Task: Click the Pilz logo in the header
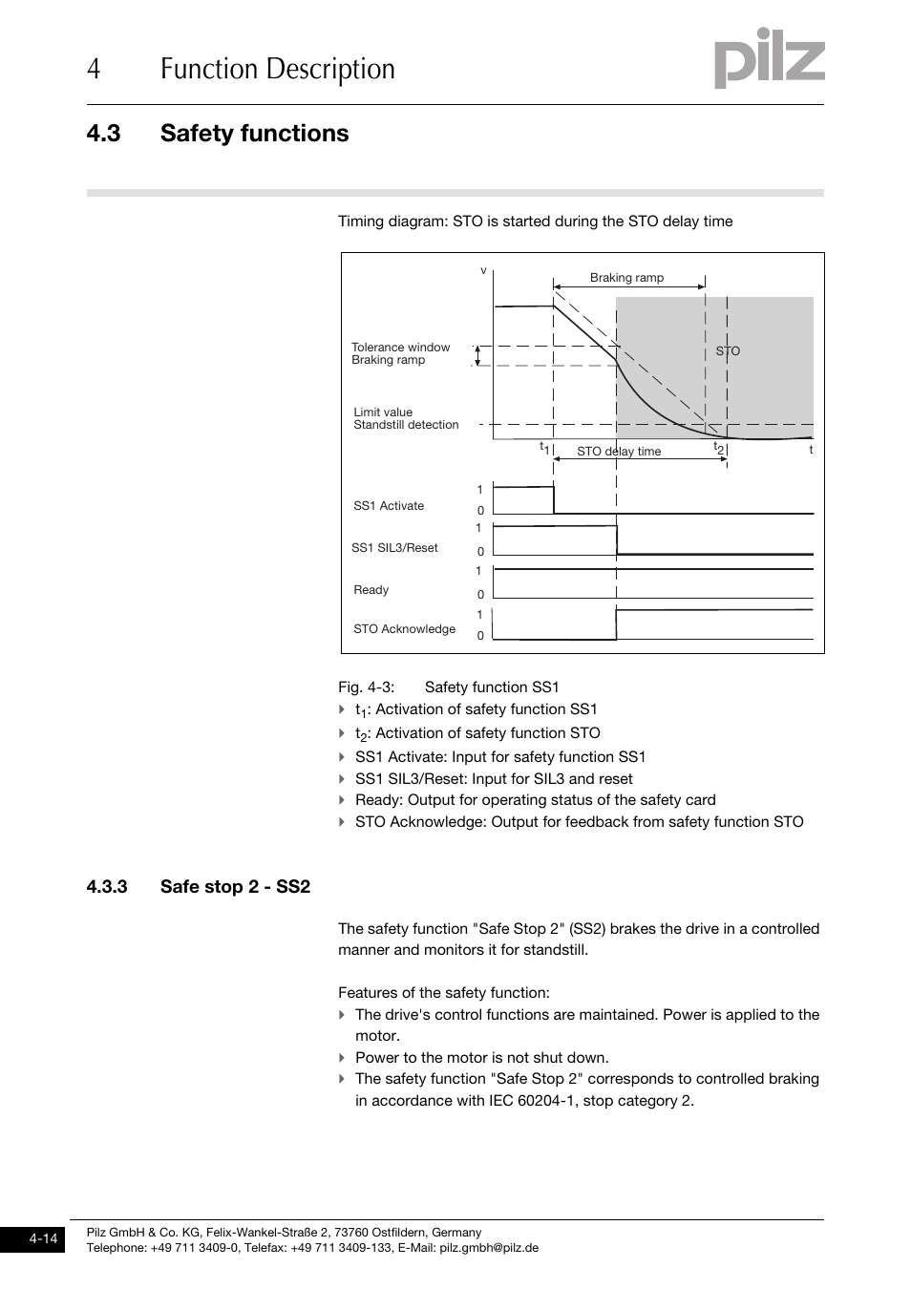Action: [769, 59]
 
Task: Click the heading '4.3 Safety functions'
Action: [218, 134]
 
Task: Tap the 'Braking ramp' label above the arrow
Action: [626, 278]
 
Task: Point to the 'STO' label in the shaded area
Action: [728, 351]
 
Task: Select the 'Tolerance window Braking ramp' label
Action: [400, 354]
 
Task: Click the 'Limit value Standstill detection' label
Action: [406, 419]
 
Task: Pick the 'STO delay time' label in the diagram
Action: [619, 452]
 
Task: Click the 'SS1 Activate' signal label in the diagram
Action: [389, 506]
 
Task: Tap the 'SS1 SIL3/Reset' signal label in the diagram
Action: [394, 548]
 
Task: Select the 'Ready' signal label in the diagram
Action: [371, 590]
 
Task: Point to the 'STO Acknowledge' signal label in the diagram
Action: [404, 629]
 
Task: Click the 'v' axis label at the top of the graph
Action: [483, 271]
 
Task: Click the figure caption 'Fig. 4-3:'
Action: [366, 687]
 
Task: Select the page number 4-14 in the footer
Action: [43, 1239]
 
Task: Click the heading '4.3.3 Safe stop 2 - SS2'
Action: [198, 887]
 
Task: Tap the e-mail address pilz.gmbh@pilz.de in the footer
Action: [489, 1248]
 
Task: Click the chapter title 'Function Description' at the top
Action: [277, 70]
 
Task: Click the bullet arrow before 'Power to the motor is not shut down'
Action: [342, 1058]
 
